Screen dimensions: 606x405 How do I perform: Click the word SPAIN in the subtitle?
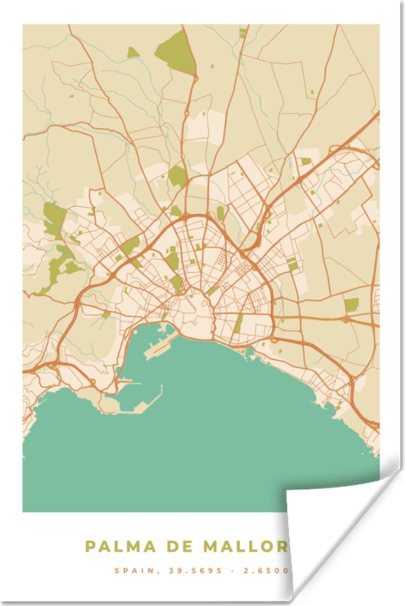(132, 571)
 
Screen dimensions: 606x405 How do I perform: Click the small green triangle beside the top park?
(132, 53)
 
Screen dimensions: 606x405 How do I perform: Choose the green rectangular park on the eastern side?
(351, 305)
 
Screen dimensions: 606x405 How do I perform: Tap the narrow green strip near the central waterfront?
(238, 324)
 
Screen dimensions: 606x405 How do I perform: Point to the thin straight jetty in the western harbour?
(129, 382)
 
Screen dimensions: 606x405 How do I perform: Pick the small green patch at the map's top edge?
(242, 32)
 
